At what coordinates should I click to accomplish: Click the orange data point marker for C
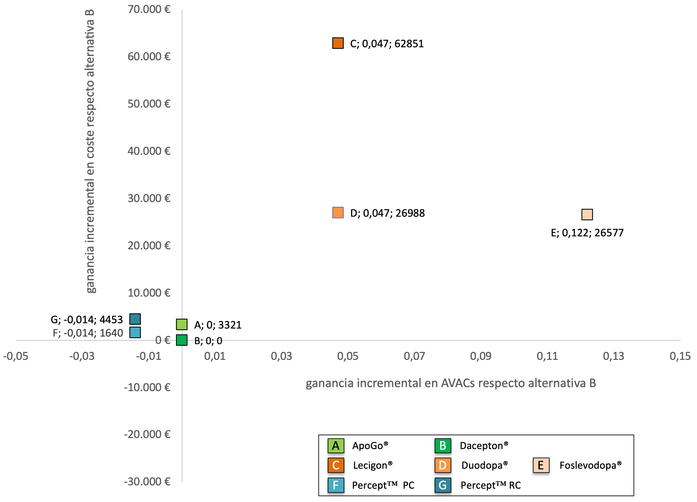338,43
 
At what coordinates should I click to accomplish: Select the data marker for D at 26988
338,213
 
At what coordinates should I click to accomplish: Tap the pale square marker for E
587,215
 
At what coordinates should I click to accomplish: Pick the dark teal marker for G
135,319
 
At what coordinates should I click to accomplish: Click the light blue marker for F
135,332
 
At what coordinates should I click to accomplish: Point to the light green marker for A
182,324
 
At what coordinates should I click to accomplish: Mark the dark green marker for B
182,340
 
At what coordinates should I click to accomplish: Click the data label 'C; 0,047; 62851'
387,44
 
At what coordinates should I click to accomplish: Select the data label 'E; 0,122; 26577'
587,233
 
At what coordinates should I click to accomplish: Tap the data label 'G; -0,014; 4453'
87,320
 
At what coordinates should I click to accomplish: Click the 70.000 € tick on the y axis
149,9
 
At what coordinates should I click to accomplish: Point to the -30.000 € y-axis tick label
147,482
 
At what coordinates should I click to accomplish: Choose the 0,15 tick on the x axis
680,356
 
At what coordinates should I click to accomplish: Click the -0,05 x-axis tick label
16,356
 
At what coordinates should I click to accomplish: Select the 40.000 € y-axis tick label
149,151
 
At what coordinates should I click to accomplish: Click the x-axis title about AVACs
450,383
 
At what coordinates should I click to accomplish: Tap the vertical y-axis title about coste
90,151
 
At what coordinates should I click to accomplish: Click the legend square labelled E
541,465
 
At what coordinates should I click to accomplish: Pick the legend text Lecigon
372,465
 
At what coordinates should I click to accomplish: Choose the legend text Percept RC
490,485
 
